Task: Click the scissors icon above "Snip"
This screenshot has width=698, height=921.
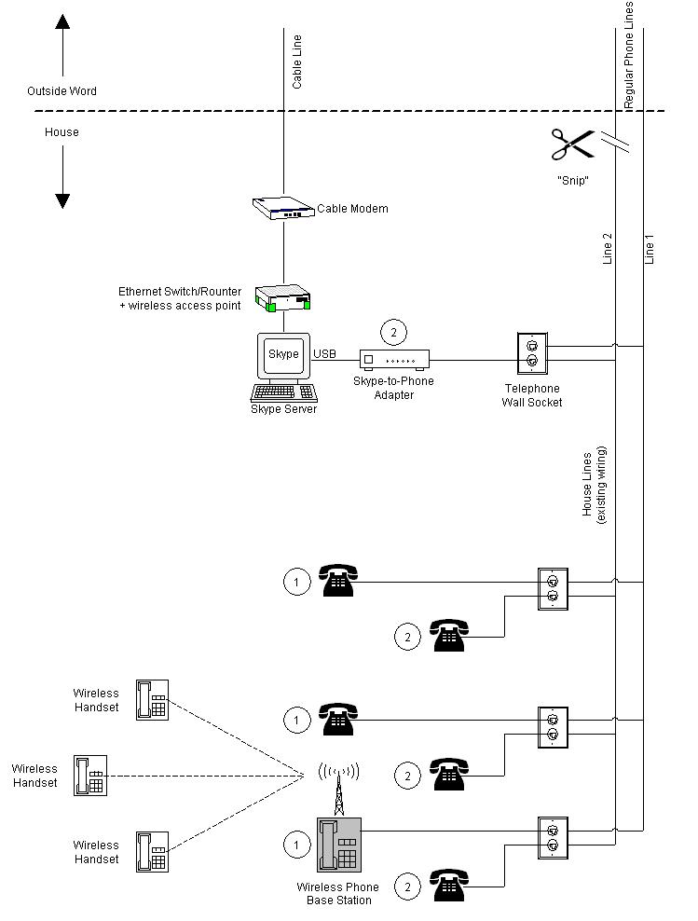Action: [572, 145]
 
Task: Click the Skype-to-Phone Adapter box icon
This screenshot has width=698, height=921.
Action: [396, 359]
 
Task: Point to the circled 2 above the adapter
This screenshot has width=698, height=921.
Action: [393, 332]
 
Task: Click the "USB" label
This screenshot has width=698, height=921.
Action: [324, 354]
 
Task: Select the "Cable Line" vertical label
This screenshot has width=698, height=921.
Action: [297, 63]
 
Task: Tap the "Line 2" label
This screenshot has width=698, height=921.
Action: [608, 249]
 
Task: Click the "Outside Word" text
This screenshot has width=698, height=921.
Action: [62, 91]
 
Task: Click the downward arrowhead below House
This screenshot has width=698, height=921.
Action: [62, 199]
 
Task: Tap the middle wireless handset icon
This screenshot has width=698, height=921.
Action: [91, 775]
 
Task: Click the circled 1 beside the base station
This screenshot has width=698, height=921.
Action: [296, 845]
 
